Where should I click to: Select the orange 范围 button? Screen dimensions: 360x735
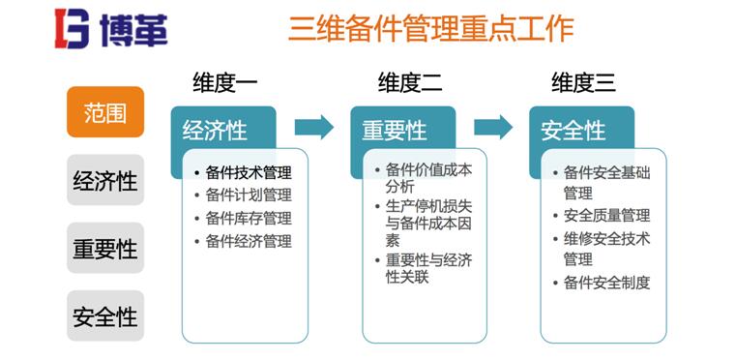point(104,112)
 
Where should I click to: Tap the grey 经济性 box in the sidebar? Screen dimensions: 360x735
point(104,180)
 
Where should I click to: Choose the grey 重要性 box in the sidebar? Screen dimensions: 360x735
point(104,248)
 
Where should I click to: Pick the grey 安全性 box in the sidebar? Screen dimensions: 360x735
point(104,315)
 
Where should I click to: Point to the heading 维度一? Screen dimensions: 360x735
point(225,82)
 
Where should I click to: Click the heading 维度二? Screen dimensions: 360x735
point(410,82)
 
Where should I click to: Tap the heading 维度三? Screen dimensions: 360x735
point(583,82)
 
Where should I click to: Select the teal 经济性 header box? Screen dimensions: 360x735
point(216,131)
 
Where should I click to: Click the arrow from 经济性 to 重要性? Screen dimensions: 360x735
point(313,126)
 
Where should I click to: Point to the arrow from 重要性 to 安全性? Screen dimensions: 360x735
point(493,126)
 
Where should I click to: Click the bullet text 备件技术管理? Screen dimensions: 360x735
point(249,172)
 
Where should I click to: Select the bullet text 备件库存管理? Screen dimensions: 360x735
point(249,219)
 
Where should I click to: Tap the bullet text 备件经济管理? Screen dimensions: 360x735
point(249,242)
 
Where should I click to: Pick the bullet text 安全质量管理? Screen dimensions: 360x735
point(606,215)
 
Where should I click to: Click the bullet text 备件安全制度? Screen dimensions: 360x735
point(606,283)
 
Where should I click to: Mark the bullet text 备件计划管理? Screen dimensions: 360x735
point(249,195)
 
